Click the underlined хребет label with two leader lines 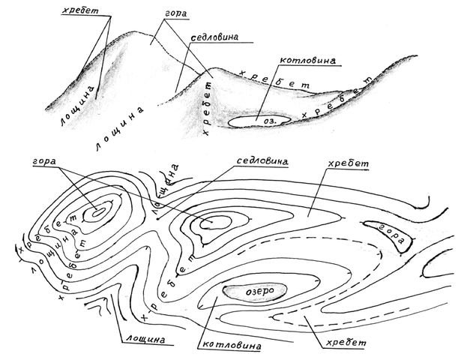[80, 10]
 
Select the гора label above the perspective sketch [175, 14]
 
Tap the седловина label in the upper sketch [214, 37]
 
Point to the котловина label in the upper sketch [307, 60]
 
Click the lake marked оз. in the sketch [259, 121]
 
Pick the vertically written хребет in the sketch [208, 108]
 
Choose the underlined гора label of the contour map [44, 162]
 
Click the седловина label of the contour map [262, 161]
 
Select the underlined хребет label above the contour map [348, 163]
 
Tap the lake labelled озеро [254, 291]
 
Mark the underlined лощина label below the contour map [145, 340]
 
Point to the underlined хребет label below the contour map [346, 343]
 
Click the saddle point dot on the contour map [158, 219]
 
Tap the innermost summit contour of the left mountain [98, 212]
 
